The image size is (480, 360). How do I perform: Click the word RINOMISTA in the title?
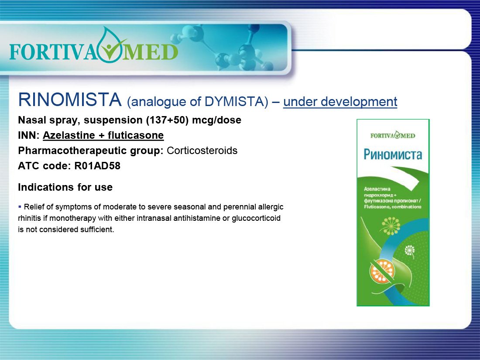click(x=70, y=100)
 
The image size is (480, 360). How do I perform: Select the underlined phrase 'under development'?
click(x=340, y=102)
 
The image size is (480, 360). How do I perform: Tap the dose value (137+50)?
click(x=167, y=120)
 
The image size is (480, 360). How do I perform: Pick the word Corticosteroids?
click(x=202, y=151)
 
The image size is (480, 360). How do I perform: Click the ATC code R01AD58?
click(x=97, y=166)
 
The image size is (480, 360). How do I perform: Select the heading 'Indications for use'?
click(x=65, y=187)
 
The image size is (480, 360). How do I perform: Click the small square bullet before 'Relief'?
click(x=20, y=207)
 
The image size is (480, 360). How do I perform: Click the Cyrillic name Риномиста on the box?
click(x=393, y=154)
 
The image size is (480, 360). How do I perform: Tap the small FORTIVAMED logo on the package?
click(x=393, y=135)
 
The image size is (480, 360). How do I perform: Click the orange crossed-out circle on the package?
click(x=382, y=271)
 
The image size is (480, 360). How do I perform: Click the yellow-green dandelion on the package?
click(x=390, y=226)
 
